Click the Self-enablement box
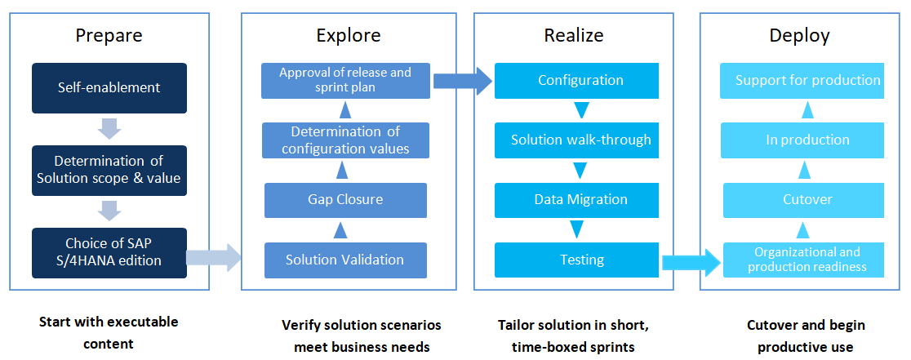pyautogui.click(x=109, y=88)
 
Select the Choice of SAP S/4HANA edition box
pyautogui.click(x=109, y=252)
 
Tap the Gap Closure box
pyautogui.click(x=345, y=200)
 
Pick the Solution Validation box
pyautogui.click(x=345, y=260)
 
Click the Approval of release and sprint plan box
pyautogui.click(x=345, y=81)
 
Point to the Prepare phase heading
pyautogui.click(x=109, y=36)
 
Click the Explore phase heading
pyautogui.click(x=349, y=35)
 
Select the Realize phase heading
pyautogui.click(x=574, y=35)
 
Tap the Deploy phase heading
pyautogui.click(x=799, y=36)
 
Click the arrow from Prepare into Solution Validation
pyautogui.click(x=213, y=257)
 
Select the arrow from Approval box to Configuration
pyautogui.click(x=463, y=81)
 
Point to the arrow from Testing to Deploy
pyautogui.click(x=691, y=262)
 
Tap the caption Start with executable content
pyautogui.click(x=109, y=333)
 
